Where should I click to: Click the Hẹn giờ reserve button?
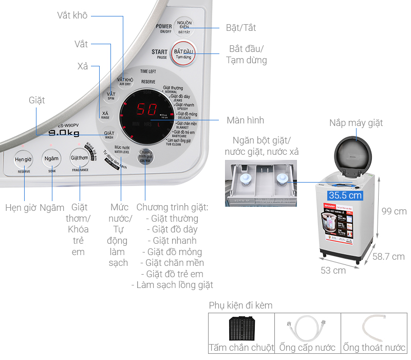coord(24,160)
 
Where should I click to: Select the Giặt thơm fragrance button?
coord(80,158)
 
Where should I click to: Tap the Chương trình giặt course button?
coord(146,156)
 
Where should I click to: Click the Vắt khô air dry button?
coord(125,81)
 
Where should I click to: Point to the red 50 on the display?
coord(146,110)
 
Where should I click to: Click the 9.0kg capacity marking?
coord(63,134)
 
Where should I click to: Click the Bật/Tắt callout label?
coord(241,28)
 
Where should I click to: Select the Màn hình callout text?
coord(245,120)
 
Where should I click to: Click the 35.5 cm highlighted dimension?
coord(345,195)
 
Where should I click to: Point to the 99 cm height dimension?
coord(394,211)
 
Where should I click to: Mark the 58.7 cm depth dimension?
coord(388,256)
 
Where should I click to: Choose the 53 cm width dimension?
coord(332,270)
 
